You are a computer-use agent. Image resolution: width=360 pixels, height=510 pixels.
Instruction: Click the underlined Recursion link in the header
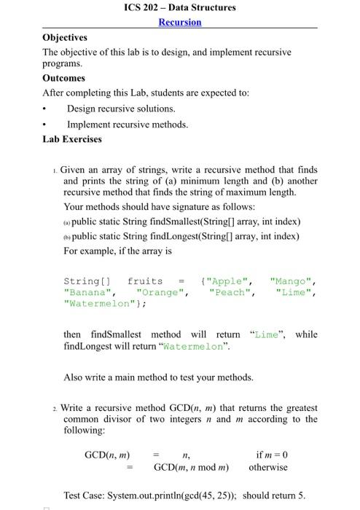point(180,22)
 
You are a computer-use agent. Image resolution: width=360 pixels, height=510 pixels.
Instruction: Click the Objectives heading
point(65,37)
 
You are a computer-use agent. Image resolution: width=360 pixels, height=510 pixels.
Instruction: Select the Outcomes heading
point(64,78)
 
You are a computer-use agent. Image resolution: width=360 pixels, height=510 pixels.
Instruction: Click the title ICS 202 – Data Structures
point(180,7)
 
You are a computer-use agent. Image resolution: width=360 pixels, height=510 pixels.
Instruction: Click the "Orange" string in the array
point(163,293)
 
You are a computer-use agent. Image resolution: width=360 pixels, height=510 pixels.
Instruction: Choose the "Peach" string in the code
point(231,293)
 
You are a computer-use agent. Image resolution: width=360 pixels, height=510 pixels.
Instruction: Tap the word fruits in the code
point(145,281)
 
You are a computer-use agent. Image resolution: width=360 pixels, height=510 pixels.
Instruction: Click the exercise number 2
point(55,409)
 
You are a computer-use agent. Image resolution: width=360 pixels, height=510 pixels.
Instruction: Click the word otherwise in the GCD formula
point(268,467)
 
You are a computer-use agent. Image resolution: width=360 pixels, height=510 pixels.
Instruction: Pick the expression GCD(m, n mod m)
point(191,467)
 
